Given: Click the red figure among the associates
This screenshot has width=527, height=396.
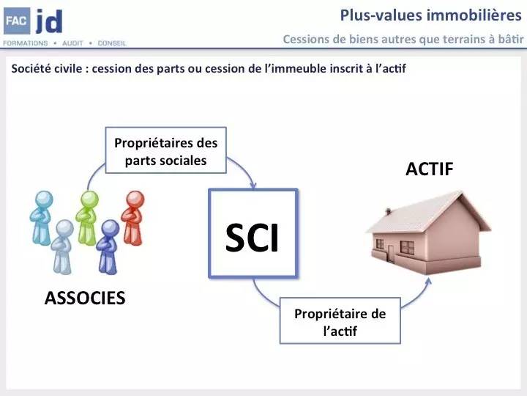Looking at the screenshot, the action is point(133,218).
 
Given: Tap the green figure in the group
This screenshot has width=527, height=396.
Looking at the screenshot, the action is point(87,218).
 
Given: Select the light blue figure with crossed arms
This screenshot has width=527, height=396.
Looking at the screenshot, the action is point(42,218).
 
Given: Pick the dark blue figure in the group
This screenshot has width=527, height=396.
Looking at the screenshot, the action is point(108,247).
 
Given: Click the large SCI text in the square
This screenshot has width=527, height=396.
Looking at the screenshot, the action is point(252,238).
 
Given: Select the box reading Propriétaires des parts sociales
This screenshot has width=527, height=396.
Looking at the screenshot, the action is point(165,150).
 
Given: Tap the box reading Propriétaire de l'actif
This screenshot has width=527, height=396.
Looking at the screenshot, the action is point(340,320).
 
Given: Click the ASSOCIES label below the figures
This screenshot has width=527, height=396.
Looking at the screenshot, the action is point(85,298).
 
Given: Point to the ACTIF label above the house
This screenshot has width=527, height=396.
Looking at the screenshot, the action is point(430,169).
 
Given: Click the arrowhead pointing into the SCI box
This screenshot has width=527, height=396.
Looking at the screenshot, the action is point(253,186).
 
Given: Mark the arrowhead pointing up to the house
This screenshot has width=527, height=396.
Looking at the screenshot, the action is point(428,282).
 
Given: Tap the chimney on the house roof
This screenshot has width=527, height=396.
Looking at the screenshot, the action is point(388,211).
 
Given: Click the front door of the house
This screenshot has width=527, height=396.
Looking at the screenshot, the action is point(391,253).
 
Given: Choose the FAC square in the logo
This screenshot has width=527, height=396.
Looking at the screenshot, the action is point(16,21).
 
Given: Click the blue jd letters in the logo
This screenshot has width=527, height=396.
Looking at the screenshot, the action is point(49,21).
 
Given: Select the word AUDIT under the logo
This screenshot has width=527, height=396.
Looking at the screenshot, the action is point(72,43).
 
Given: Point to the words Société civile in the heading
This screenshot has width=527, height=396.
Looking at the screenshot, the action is point(47,68).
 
